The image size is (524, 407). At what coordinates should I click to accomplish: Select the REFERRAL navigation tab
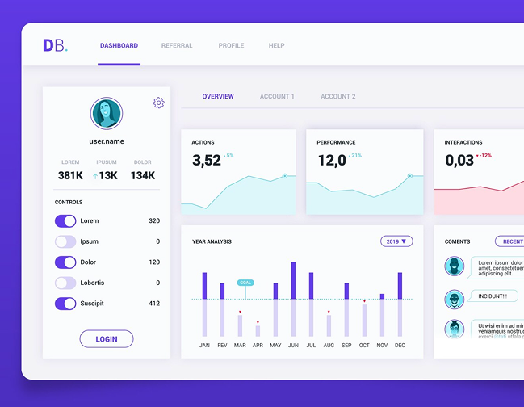click(x=177, y=46)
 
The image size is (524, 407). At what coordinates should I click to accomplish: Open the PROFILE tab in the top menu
click(x=231, y=46)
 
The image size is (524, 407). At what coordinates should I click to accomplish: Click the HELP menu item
click(x=276, y=46)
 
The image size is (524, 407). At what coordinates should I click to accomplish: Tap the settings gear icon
click(x=158, y=103)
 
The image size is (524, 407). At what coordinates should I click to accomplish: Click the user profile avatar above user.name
click(x=107, y=114)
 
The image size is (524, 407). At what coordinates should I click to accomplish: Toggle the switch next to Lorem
click(x=65, y=220)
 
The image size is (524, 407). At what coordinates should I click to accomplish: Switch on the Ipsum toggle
click(x=65, y=241)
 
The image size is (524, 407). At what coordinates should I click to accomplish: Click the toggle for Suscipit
click(x=65, y=304)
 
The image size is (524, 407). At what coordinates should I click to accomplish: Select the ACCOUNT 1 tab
click(x=277, y=97)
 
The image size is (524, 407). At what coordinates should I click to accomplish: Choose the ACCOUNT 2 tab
click(x=337, y=97)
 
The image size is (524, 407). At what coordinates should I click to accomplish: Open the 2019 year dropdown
click(x=396, y=241)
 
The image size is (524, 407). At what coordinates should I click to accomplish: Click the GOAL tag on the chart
click(x=245, y=283)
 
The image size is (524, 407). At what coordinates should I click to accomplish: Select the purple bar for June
click(x=293, y=280)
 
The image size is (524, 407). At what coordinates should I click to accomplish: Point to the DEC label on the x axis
click(x=400, y=346)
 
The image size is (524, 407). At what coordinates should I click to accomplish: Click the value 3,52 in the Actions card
click(x=207, y=161)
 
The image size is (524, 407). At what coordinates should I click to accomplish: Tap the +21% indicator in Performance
click(x=355, y=155)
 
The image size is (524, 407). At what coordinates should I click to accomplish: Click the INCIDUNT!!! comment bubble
click(x=493, y=296)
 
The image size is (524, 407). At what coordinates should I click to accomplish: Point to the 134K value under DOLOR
click(x=142, y=176)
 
